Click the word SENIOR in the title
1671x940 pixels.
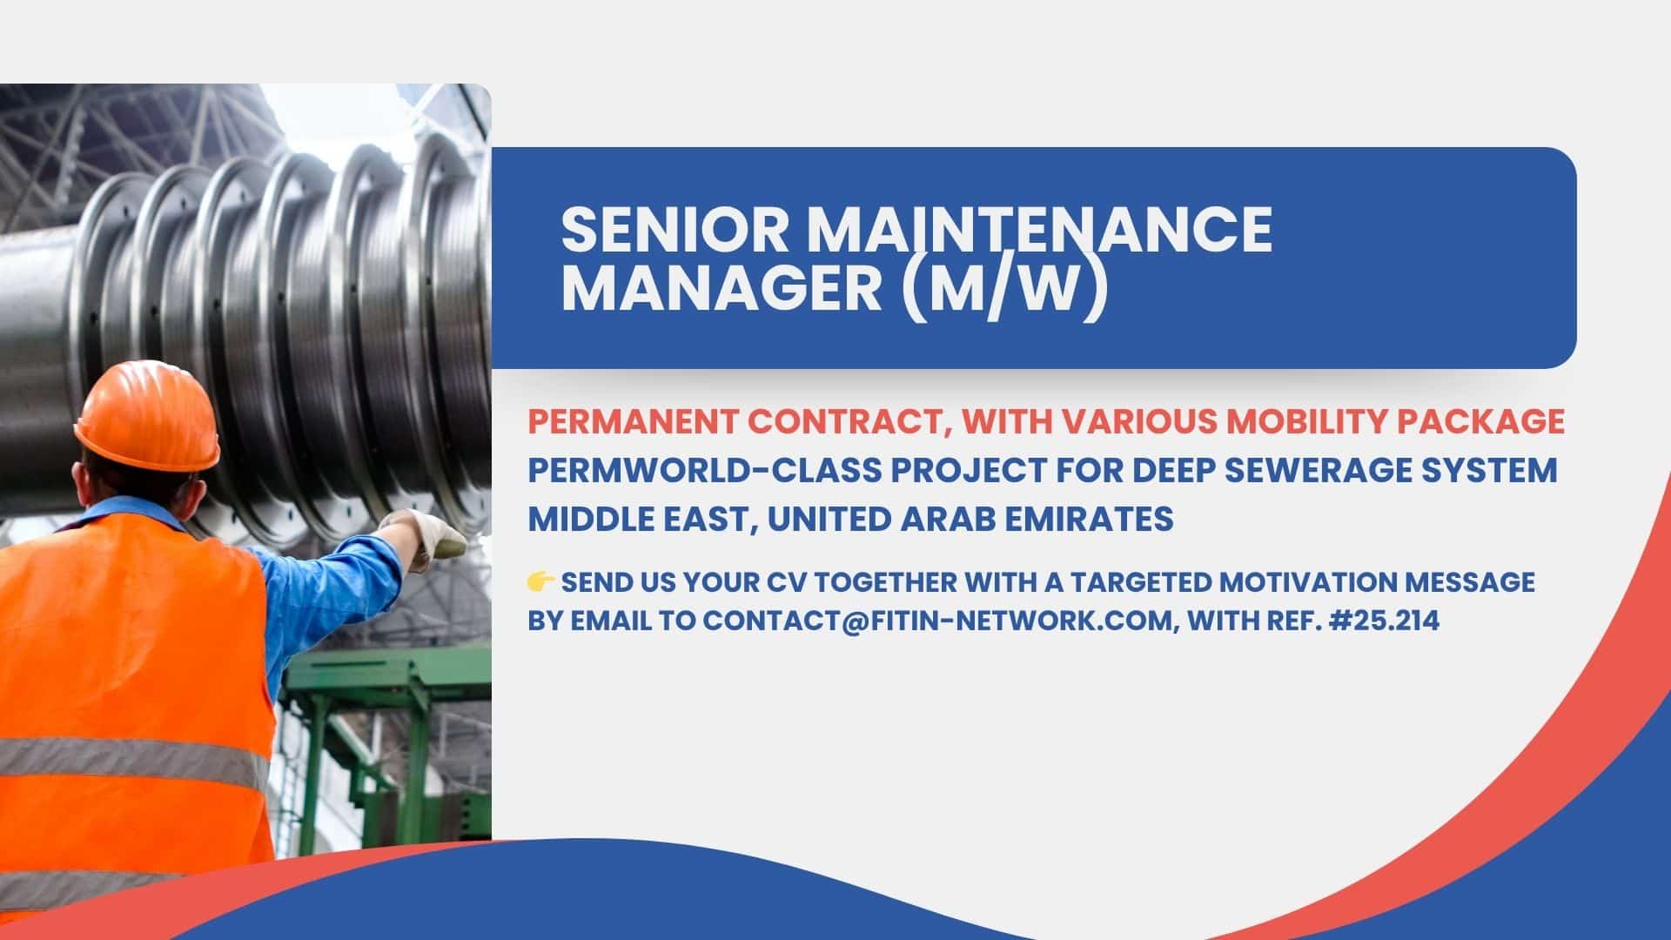tap(674, 230)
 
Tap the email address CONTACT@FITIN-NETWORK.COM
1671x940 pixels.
tap(936, 621)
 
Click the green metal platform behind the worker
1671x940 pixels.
tap(383, 696)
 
